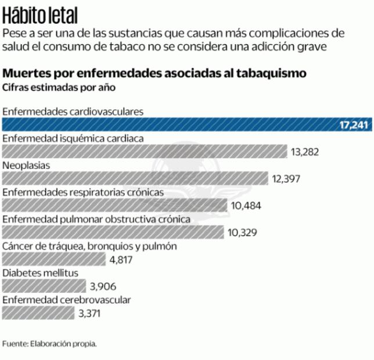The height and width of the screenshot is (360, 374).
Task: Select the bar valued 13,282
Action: click(145, 152)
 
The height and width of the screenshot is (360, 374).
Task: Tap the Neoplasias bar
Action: click(135, 178)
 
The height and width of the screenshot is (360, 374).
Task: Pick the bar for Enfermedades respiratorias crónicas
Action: click(114, 205)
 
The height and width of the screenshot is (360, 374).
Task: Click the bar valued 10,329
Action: click(113, 232)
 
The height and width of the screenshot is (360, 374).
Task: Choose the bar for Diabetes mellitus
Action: click(45, 286)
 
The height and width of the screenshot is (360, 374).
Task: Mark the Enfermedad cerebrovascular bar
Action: click(39, 313)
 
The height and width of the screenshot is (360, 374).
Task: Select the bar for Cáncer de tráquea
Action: click(55, 259)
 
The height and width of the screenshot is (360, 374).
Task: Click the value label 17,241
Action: click(354, 125)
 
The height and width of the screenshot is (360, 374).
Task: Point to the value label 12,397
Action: click(286, 179)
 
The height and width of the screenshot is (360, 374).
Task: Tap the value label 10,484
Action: click(246, 206)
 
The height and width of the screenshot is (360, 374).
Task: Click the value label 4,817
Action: click(121, 260)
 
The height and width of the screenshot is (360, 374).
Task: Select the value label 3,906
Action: click(105, 286)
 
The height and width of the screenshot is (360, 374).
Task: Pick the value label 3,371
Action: click(92, 314)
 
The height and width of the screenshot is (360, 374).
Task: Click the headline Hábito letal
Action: click(40, 15)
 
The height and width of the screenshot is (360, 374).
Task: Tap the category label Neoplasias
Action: click(26, 165)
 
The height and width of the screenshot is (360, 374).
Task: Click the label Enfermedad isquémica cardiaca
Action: click(73, 138)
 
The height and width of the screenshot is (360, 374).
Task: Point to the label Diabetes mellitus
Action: click(40, 273)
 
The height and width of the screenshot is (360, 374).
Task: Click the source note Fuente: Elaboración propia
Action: click(49, 343)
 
